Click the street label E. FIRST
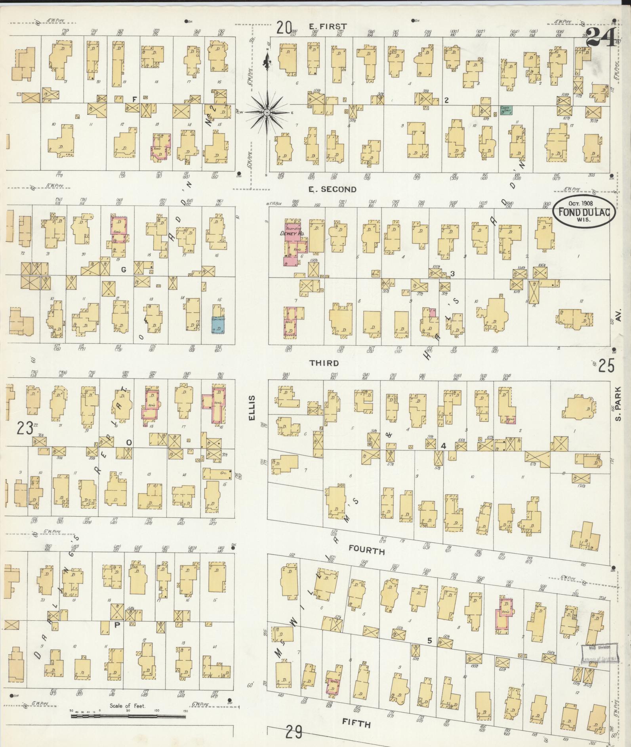coord(328,26)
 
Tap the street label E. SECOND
coord(332,189)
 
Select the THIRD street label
coord(324,363)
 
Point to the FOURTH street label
coord(366,551)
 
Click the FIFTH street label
coord(357,724)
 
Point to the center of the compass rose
coord(267,112)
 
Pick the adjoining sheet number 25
coord(606,367)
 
